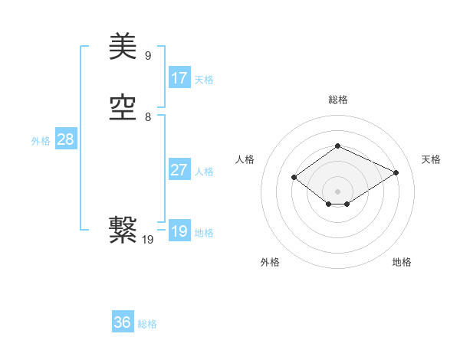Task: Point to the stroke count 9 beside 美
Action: pos(148,55)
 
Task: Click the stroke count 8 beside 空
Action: pos(148,117)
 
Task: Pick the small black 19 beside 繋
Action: pos(148,240)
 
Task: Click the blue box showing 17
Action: pos(179,78)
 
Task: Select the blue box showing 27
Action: pos(179,170)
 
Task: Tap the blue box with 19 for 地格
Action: pos(179,231)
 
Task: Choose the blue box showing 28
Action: pos(65,139)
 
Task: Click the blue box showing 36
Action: pos(123,322)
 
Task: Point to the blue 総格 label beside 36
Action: pos(147,324)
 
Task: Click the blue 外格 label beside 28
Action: pos(41,141)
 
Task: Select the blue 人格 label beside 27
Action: pos(204,172)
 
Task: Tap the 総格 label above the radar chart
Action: pos(337,100)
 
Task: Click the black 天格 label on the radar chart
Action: pos(431,159)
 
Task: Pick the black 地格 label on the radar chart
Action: pos(402,262)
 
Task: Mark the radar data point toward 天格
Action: pos(396,173)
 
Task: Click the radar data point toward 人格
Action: pos(294,178)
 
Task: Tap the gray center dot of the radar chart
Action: pos(337,191)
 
